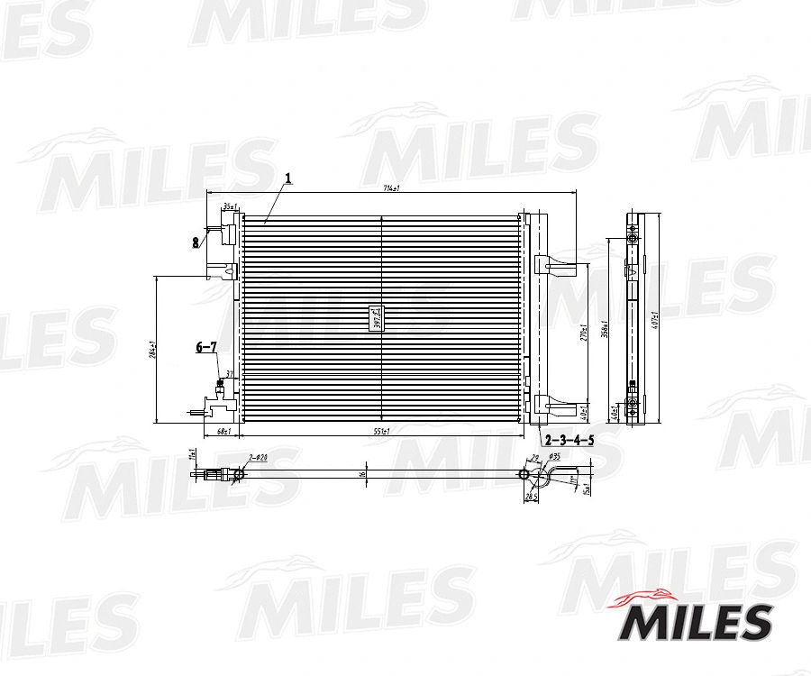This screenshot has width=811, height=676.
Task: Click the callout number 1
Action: click(x=288, y=179)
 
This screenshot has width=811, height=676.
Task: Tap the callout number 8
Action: click(x=195, y=242)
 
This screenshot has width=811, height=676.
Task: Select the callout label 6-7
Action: click(x=206, y=347)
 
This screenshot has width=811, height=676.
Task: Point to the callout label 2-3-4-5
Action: click(x=570, y=440)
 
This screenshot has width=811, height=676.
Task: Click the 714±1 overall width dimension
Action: click(x=390, y=188)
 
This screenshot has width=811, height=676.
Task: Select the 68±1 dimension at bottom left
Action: click(x=223, y=431)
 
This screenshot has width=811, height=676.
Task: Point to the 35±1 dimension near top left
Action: click(x=230, y=207)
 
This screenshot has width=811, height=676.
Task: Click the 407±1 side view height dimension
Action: click(x=656, y=319)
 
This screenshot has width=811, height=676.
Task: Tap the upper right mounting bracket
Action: click(x=554, y=265)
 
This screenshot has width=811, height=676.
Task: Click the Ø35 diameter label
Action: click(x=555, y=458)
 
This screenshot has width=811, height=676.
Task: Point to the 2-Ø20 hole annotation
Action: click(x=258, y=458)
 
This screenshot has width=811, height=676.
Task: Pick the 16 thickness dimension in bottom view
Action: click(x=362, y=473)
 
